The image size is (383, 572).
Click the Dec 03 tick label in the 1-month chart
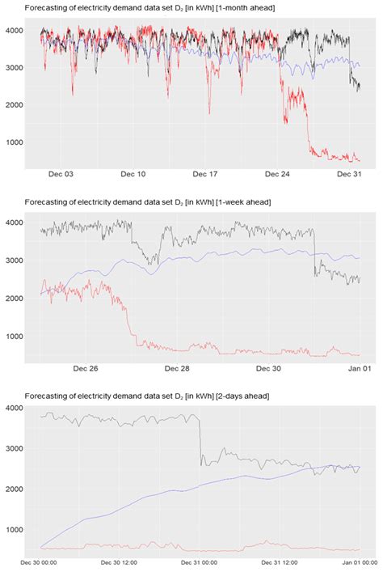click(x=62, y=174)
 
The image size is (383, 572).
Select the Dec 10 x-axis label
click(x=134, y=174)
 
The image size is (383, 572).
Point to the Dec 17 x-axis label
click(x=206, y=174)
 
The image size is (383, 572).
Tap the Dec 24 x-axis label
click(x=278, y=174)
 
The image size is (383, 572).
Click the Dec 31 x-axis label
click(x=349, y=174)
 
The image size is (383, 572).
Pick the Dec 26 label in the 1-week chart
click(x=86, y=369)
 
